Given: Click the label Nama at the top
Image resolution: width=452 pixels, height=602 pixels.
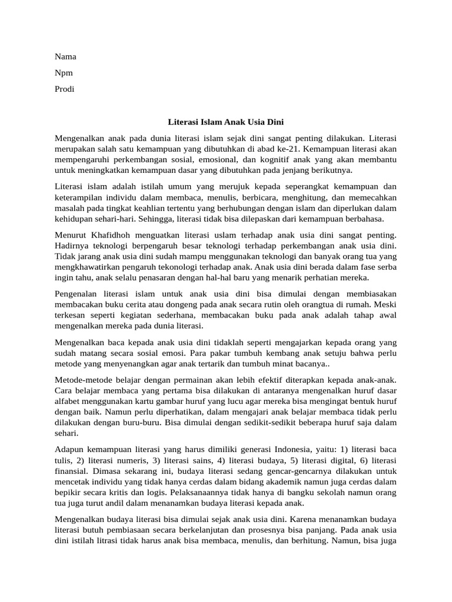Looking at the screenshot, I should pos(65,57).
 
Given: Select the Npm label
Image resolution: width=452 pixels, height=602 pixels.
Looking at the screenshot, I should pos(64,73).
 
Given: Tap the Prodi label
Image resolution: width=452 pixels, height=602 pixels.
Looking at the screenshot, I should pos(65,89).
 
